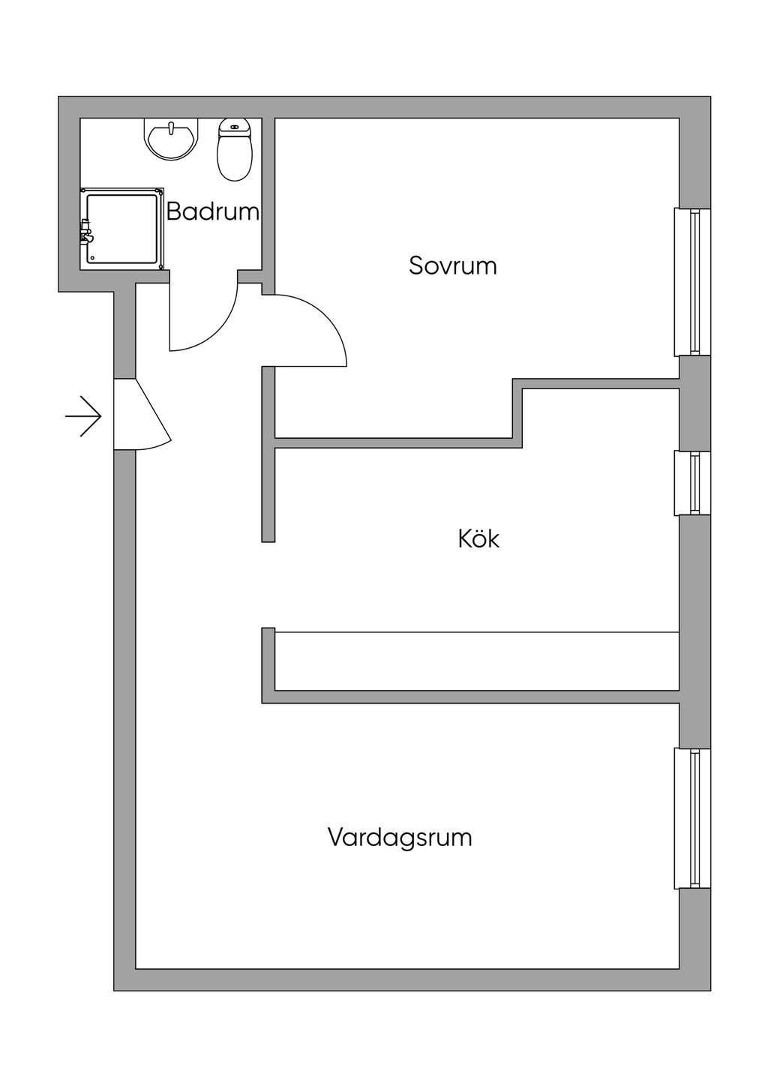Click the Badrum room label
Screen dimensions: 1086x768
[212, 211]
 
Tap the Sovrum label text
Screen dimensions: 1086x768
[452, 265]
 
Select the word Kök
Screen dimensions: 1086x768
[478, 538]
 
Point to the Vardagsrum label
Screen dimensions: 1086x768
[400, 837]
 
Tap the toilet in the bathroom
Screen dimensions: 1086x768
[234, 154]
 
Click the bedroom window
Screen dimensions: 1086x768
[692, 282]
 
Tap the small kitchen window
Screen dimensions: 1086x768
[692, 483]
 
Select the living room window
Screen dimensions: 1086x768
[692, 818]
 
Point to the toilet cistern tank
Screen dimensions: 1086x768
[234, 129]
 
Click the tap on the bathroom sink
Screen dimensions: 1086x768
[172, 128]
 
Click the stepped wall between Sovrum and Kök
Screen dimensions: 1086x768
[517, 412]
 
